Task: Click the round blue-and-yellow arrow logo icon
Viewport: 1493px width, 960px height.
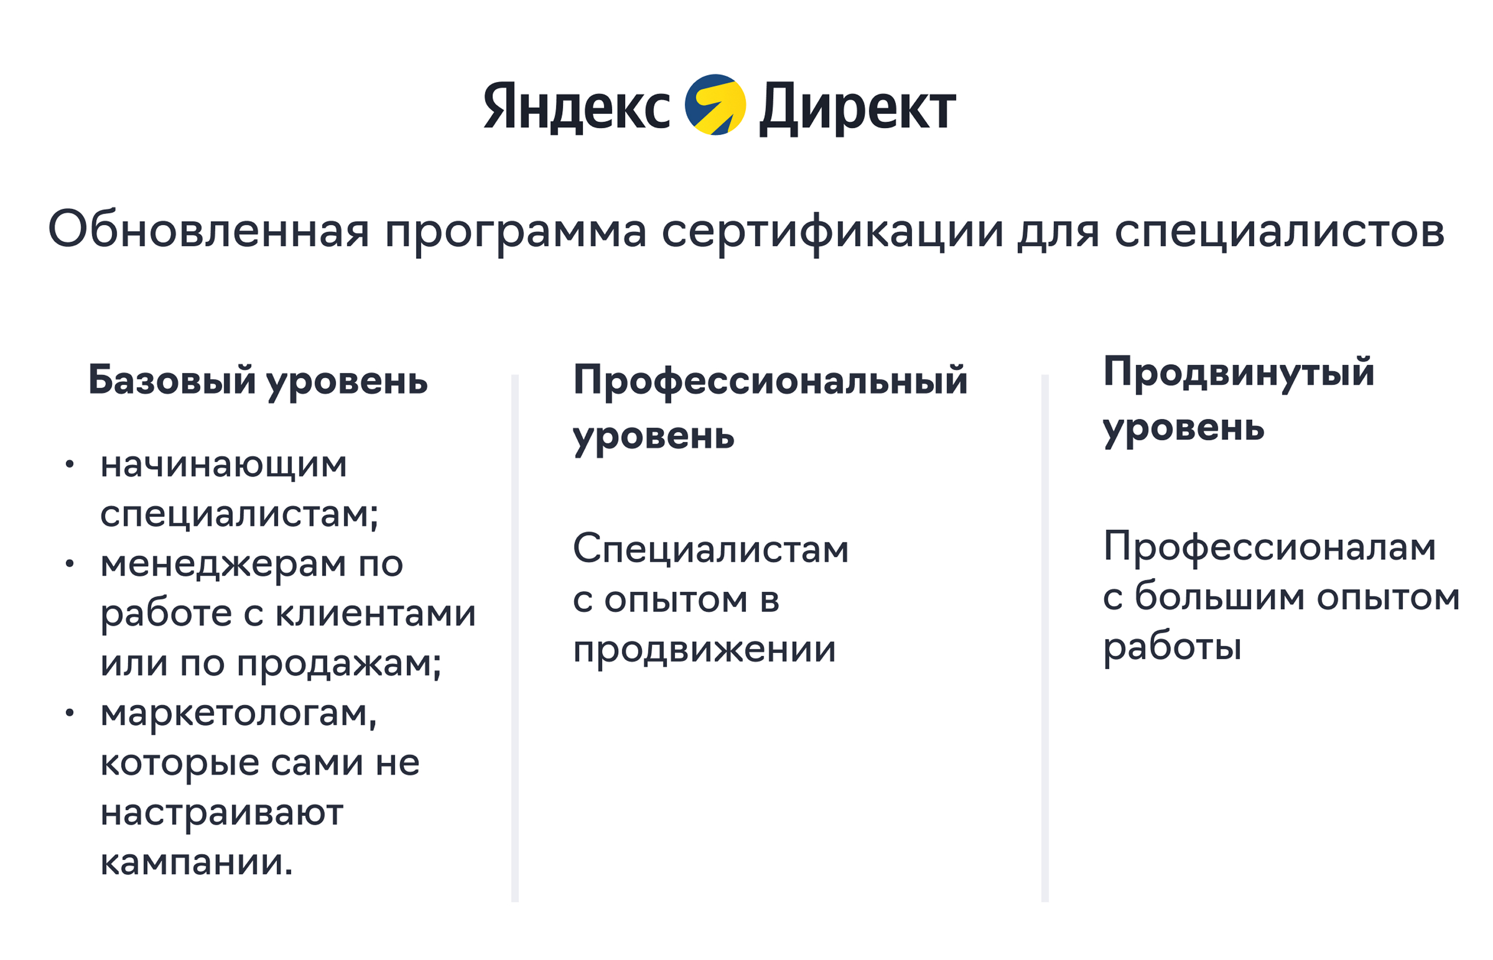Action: (715, 105)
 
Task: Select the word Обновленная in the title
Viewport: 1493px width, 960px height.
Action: (209, 230)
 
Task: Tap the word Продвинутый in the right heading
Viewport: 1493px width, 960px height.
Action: (1239, 373)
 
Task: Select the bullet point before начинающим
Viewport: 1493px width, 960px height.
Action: (70, 463)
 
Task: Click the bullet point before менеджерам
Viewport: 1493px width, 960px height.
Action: (70, 563)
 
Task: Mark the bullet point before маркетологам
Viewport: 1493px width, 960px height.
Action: (70, 713)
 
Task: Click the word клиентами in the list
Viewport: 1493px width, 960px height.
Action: (375, 614)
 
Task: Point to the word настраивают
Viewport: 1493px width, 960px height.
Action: (222, 813)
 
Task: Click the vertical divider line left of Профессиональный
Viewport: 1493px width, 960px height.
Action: (515, 638)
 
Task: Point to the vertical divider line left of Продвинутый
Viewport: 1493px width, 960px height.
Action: (1045, 638)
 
